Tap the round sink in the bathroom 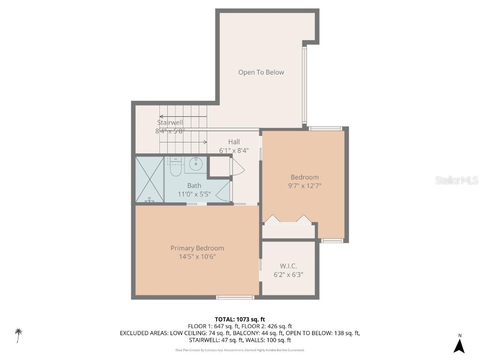pos(196,165)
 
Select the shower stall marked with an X pos(150,180)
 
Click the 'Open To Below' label pos(261,72)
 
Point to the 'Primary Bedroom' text pos(197,248)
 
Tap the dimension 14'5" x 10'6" pos(197,256)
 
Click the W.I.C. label pos(288,266)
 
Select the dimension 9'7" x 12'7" pos(305,185)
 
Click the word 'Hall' pos(234,142)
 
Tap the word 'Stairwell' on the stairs pos(170,123)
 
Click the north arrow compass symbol pos(459,345)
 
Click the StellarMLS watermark pos(456,180)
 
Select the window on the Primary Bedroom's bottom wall pos(235,297)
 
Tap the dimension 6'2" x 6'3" pos(288,275)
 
